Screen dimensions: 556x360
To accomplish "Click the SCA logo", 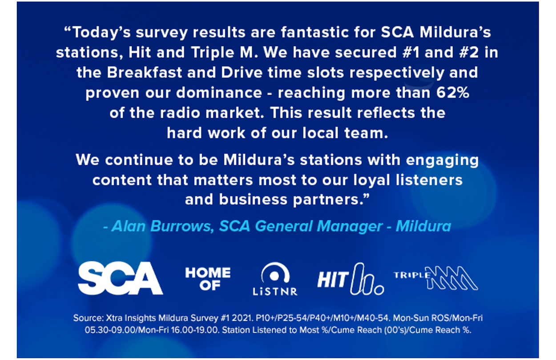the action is (121, 278).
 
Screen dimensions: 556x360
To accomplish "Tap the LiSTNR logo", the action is (275, 279).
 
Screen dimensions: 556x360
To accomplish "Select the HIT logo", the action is (351, 279).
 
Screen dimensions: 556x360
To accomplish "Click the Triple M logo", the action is (436, 278).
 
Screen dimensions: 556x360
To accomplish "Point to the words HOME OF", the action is (208, 279).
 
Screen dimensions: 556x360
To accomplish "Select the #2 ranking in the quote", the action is (469, 52).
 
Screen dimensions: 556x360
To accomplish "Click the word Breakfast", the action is (145, 72).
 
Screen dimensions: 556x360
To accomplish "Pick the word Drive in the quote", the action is (242, 72).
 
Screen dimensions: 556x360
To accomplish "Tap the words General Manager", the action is (318, 227).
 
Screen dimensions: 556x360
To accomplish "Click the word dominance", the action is (219, 92).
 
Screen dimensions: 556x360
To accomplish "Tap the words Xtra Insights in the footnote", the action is (131, 318).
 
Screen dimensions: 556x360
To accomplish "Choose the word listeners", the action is (429, 180).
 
